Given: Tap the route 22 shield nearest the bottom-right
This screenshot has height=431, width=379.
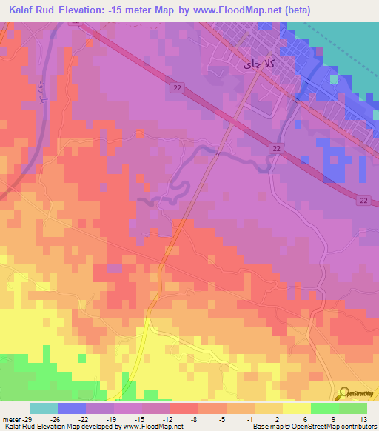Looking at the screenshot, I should [x=363, y=200].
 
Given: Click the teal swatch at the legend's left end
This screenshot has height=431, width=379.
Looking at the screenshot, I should [x=44, y=408].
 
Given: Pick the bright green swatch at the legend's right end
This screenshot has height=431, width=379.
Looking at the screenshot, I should [x=353, y=408].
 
